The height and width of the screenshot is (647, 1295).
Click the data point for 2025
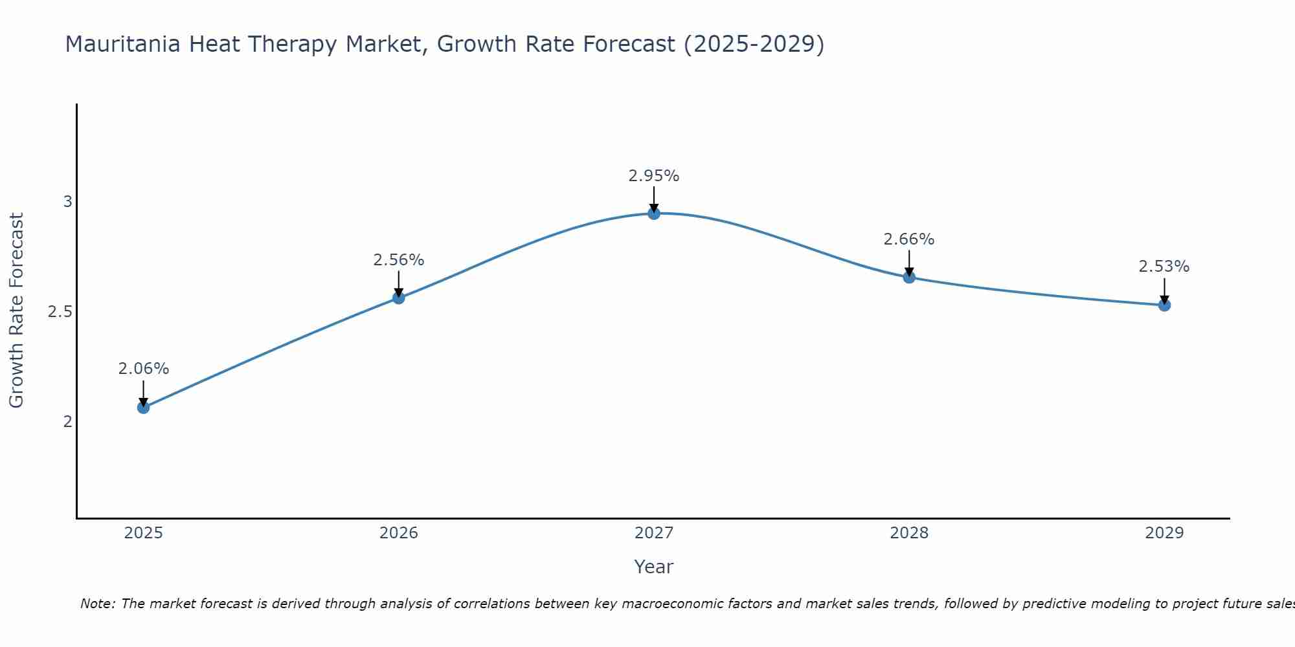[x=143, y=408]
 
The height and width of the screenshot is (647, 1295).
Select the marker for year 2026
[x=399, y=298]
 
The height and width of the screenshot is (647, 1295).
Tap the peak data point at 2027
[x=654, y=214]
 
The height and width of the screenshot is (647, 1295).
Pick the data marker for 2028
[x=909, y=278]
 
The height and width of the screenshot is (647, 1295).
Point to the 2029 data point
[x=1164, y=305]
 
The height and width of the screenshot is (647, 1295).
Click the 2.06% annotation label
[x=143, y=369]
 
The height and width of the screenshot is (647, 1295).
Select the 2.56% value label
[x=399, y=260]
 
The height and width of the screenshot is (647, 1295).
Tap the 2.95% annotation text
[x=654, y=176]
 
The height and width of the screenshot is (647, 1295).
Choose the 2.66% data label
[x=909, y=239]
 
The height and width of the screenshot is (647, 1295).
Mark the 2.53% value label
[x=1164, y=267]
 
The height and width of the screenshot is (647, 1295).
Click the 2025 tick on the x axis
[x=143, y=533]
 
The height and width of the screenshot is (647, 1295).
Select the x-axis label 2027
[x=654, y=533]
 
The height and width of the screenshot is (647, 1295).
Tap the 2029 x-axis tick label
[x=1164, y=533]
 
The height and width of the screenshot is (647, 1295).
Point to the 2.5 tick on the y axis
[x=60, y=312]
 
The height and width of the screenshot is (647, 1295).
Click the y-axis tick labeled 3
[x=67, y=202]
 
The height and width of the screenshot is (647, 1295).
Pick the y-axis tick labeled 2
[x=67, y=422]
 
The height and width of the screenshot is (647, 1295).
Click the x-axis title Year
[x=654, y=567]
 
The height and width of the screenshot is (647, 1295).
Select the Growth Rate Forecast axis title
[x=17, y=311]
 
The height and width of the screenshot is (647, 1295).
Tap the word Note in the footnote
[x=97, y=604]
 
